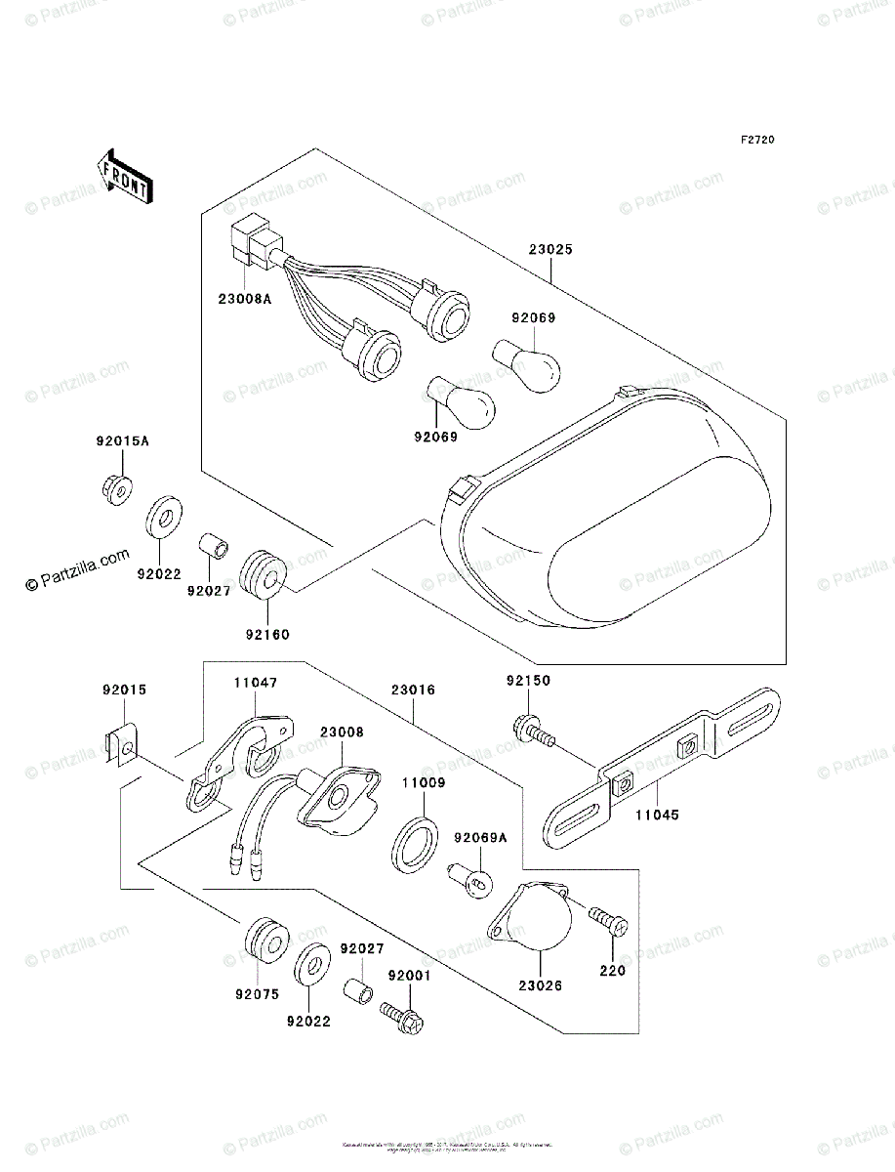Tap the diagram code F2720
(x=756, y=141)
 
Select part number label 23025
(x=552, y=249)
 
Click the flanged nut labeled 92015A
(x=116, y=488)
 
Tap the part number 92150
(x=527, y=679)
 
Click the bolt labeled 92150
(x=535, y=731)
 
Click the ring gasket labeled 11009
(x=411, y=838)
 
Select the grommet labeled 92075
(x=263, y=939)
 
